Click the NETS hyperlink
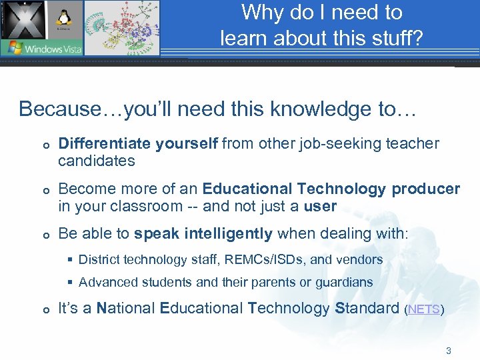(x=423, y=309)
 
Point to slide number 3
(x=449, y=350)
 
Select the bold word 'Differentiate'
(x=105, y=143)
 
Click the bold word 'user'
(x=320, y=206)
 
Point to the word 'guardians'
(x=345, y=282)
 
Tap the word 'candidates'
(x=96, y=161)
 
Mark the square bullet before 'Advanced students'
(x=71, y=282)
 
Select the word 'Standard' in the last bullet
(x=366, y=308)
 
